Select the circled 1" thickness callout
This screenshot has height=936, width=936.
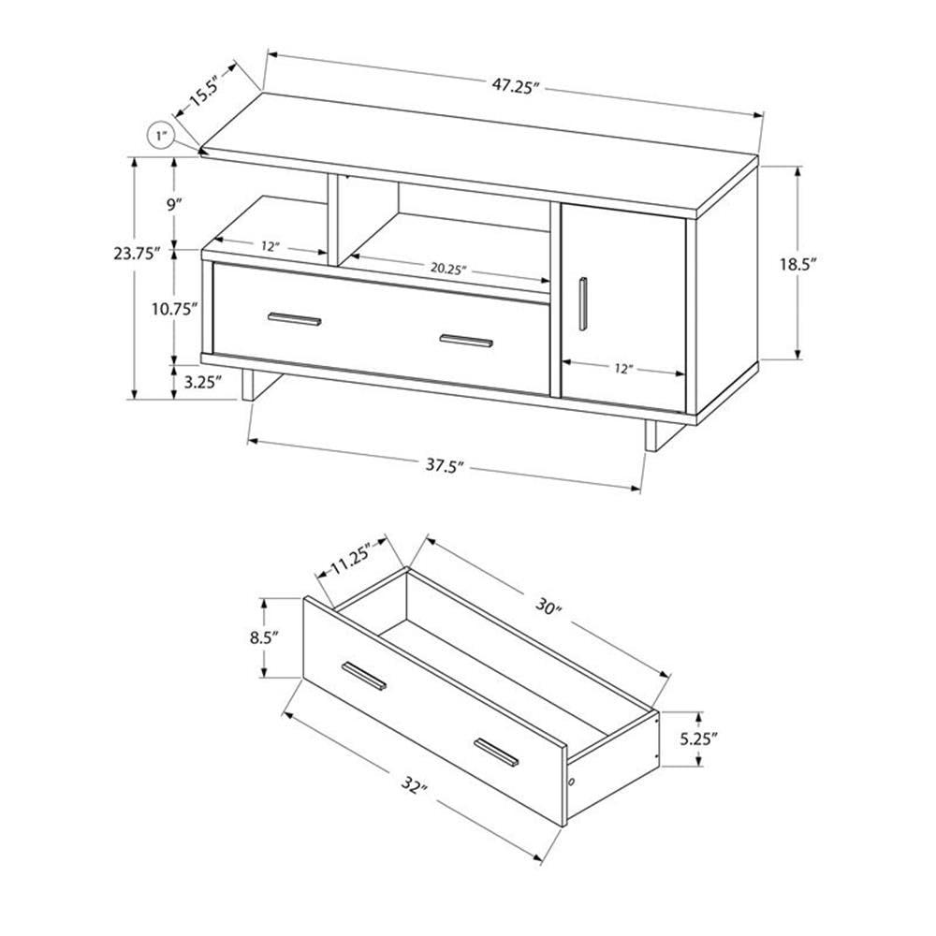(162, 137)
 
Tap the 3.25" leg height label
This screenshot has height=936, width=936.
(202, 382)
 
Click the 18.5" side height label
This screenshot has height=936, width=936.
(825, 265)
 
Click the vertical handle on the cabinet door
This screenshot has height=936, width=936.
(583, 303)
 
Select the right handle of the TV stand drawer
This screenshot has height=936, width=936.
(466, 340)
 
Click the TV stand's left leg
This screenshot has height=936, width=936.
(249, 388)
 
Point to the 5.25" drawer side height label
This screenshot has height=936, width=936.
(698, 739)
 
